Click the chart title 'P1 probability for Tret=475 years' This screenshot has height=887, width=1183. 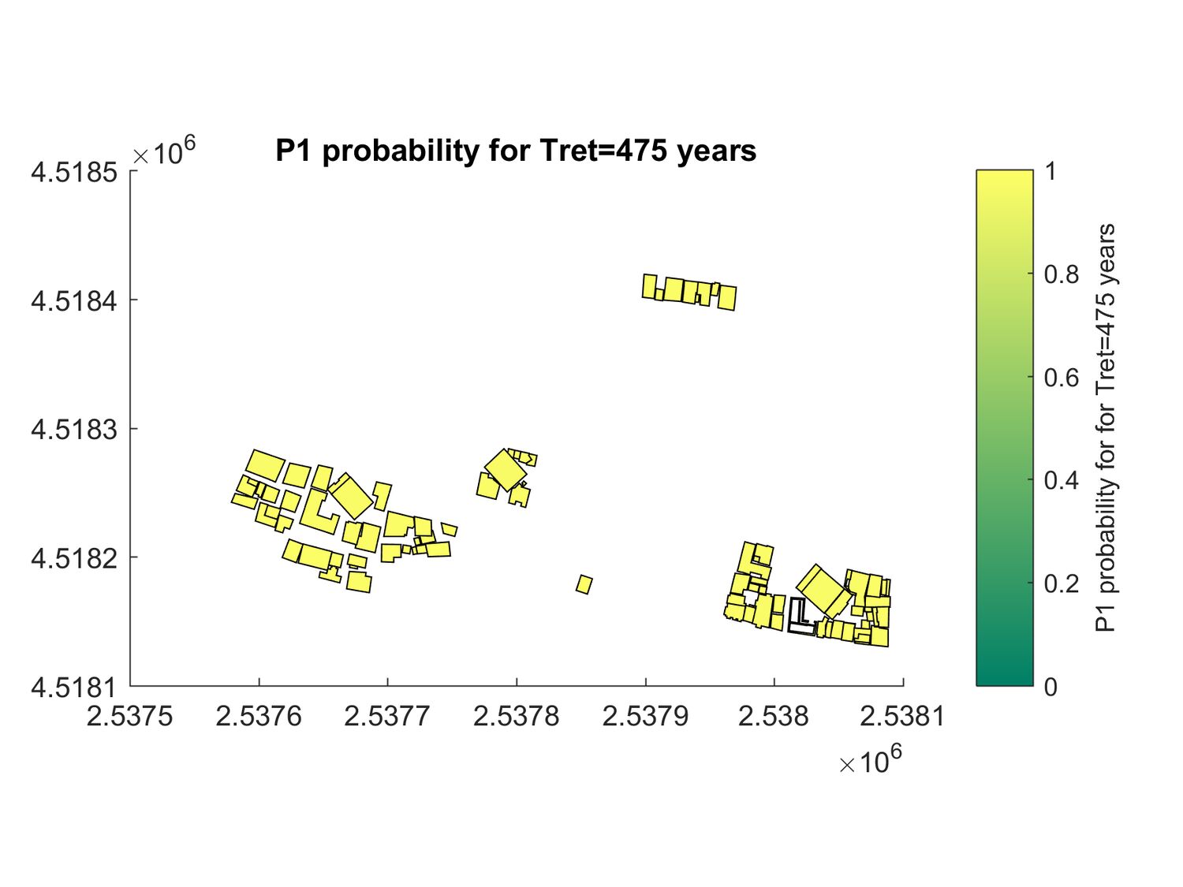point(516,151)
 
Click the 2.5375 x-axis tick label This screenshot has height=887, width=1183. point(130,716)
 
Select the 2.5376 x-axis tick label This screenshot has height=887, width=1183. point(259,716)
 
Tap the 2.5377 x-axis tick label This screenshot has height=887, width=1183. point(387,716)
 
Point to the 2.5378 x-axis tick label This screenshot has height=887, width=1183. point(517,716)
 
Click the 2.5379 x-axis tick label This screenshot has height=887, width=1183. point(645,716)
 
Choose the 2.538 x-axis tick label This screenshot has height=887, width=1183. point(774,716)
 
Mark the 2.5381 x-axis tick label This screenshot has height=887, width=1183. point(902,716)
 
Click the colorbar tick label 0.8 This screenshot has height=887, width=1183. point(1062,274)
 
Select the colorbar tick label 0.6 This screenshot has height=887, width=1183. point(1062,378)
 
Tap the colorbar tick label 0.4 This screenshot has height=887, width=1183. point(1062,480)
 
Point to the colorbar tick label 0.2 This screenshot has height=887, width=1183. point(1062,583)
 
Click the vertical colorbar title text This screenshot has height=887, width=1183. point(1106,427)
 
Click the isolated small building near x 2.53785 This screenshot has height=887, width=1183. point(584,584)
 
